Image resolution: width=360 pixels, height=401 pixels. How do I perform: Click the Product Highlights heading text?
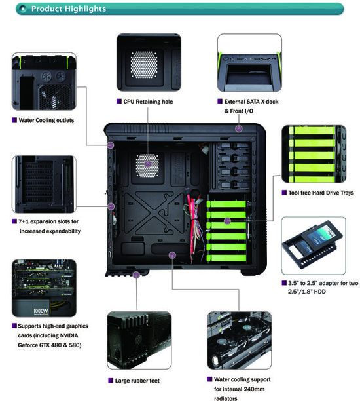pos(69,9)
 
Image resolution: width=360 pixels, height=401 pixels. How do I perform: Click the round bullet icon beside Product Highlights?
pos(23,9)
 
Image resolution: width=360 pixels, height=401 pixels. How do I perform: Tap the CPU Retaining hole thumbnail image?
pos(149,62)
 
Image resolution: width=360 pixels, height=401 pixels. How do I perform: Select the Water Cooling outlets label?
pos(46,120)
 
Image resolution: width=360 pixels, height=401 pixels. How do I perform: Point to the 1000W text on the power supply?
pos(41,311)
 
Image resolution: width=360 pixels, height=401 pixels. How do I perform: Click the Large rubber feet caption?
pos(137,381)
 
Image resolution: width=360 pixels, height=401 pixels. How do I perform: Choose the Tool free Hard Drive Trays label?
pos(321,193)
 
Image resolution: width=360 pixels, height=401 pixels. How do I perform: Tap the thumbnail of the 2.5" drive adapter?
pos(314,246)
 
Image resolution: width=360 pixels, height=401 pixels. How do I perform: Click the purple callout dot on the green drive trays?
pos(227,221)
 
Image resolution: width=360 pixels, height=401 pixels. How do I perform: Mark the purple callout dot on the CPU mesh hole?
pos(148,164)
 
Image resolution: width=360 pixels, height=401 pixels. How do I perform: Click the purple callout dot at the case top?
pos(239,128)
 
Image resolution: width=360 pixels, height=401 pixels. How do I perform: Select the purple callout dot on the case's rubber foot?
pos(136,275)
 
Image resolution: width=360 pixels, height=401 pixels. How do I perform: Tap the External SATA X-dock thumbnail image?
pos(249,63)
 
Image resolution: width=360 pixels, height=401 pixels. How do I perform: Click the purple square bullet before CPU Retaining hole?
pos(119,102)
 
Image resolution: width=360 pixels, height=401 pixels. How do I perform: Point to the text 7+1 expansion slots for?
pos(48,221)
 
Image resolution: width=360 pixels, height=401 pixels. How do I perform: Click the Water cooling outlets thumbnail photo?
pos(44,82)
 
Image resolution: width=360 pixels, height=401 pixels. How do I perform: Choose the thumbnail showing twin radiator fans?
pos(240,340)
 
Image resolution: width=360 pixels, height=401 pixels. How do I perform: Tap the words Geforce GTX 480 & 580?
pos(50,345)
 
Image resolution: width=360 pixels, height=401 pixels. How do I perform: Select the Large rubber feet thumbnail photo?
pos(139,340)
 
